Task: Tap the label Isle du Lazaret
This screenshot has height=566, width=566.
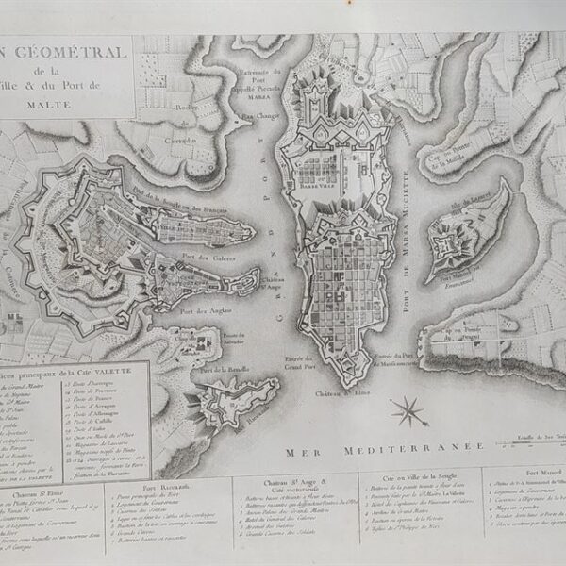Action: pyautogui.click(x=469, y=197)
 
